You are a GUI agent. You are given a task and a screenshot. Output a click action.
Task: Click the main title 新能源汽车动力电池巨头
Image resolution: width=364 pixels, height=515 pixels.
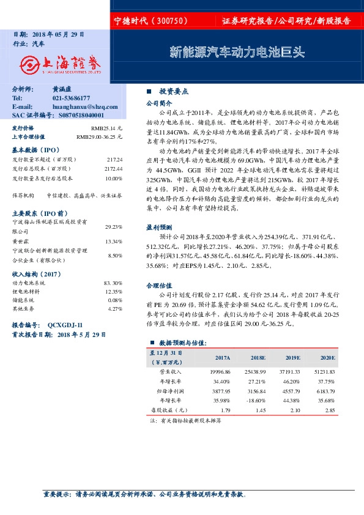point(236,52)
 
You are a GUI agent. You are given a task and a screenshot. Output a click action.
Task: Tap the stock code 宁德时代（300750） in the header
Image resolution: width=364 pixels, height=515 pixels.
point(150,21)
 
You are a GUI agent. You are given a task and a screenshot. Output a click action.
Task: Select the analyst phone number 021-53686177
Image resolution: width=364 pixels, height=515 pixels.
point(71,98)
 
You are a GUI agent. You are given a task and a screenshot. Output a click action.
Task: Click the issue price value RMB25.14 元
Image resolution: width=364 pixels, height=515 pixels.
point(106,128)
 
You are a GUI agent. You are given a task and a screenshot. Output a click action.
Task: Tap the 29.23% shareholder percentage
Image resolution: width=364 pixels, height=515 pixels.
point(114,226)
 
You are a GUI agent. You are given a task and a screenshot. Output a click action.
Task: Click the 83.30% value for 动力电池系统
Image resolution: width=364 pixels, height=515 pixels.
point(113,283)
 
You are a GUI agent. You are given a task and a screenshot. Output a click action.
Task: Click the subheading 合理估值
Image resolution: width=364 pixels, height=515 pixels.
point(158,285)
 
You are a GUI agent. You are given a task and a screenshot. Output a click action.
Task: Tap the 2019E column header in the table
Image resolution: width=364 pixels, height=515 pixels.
point(292,358)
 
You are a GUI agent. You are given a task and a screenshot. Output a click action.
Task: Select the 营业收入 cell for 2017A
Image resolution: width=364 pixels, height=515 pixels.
point(219,371)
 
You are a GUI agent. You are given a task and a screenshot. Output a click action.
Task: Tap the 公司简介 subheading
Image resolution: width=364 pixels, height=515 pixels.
point(158,104)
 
